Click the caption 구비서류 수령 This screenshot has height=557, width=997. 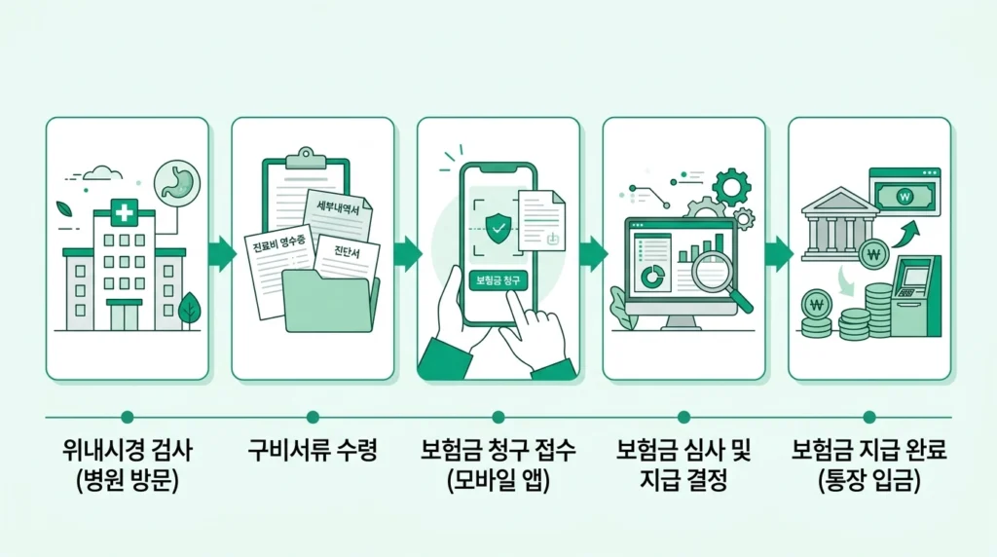(313, 452)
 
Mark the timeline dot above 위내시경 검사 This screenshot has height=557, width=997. (127, 417)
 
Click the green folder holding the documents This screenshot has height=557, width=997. (329, 301)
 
